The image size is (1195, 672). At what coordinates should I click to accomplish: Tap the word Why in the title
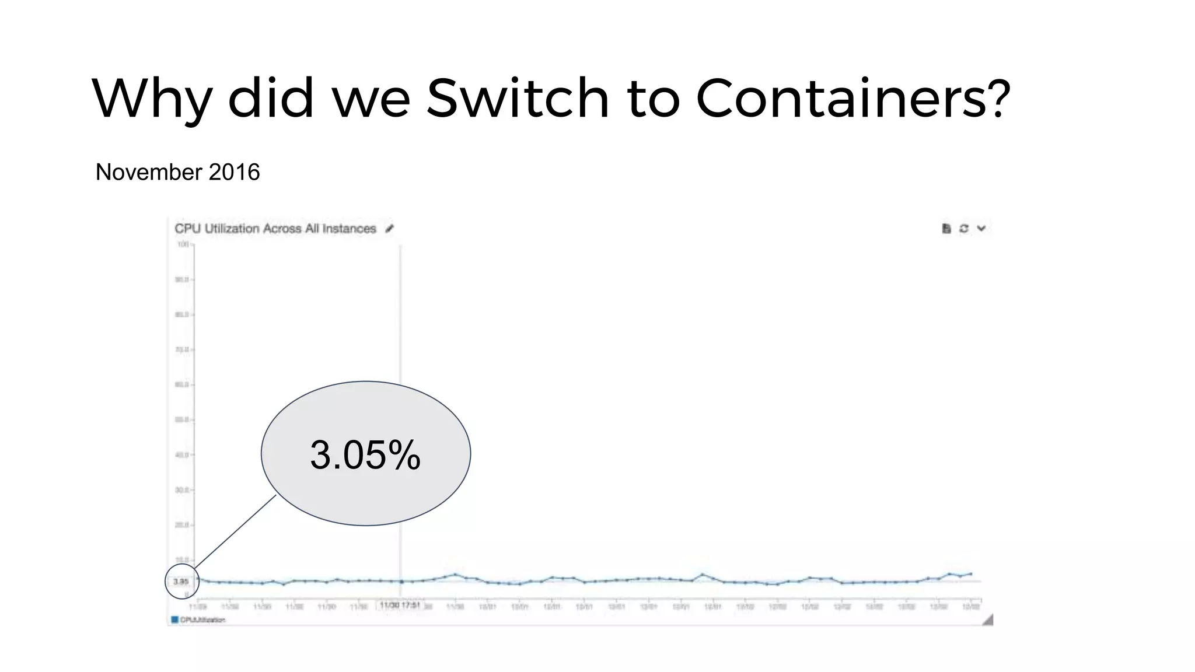(x=151, y=99)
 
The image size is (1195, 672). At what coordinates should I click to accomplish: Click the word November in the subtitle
(x=149, y=172)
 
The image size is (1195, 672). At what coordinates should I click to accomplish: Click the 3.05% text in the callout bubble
(x=365, y=454)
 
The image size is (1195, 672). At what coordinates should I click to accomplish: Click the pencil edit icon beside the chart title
(x=390, y=229)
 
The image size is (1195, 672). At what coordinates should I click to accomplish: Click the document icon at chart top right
(x=946, y=229)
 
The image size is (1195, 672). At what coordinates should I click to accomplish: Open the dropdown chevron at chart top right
(x=981, y=229)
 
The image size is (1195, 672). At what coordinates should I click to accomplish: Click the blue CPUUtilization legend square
(x=174, y=619)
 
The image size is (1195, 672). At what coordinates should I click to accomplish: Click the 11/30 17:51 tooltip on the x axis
(x=400, y=605)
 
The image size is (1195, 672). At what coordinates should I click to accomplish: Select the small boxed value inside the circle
(x=180, y=582)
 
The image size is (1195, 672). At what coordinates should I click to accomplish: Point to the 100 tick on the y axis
(x=183, y=244)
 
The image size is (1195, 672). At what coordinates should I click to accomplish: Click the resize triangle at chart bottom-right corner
(x=988, y=620)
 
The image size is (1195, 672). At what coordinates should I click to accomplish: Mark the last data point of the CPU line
(x=971, y=574)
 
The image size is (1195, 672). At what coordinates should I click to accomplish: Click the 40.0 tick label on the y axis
(x=182, y=454)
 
